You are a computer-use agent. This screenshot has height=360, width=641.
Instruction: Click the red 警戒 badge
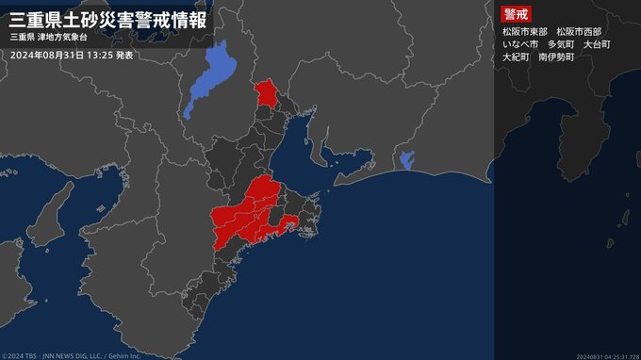(517, 14)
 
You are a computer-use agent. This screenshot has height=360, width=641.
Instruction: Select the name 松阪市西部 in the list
(579, 31)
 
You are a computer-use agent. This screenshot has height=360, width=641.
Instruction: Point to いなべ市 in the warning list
(520, 44)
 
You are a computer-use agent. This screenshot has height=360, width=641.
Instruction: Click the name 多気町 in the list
(561, 44)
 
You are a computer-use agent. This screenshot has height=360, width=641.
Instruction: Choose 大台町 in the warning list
(597, 44)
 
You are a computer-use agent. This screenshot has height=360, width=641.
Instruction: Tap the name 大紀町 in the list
(516, 57)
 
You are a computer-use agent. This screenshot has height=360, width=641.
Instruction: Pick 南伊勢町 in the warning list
(556, 57)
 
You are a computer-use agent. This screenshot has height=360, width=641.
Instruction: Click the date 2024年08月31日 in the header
(47, 56)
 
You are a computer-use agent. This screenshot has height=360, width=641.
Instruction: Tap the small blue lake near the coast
(407, 160)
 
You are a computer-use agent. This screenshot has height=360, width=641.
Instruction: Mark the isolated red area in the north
(268, 94)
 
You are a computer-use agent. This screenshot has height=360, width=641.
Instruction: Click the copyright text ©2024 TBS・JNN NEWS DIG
(72, 355)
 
